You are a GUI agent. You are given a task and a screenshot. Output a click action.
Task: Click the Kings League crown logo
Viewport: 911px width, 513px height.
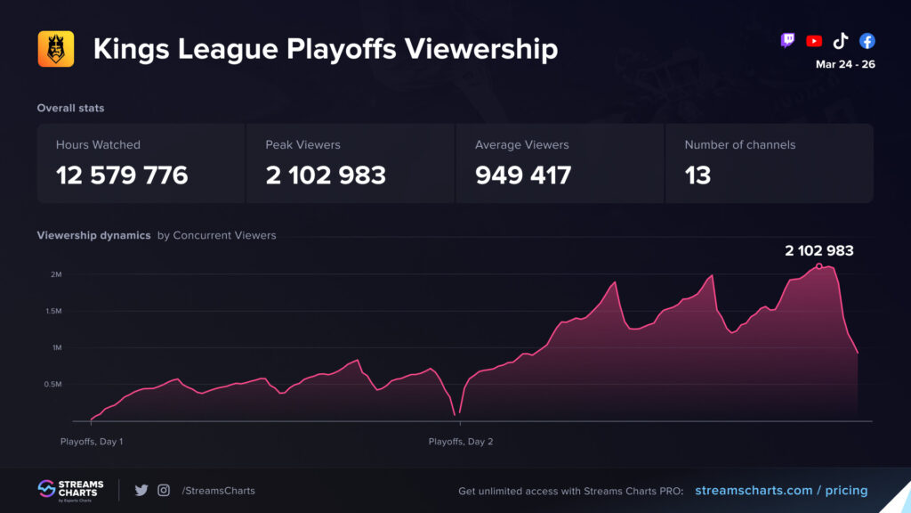55,49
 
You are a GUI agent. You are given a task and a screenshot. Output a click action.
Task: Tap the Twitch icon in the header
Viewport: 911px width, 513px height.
787,41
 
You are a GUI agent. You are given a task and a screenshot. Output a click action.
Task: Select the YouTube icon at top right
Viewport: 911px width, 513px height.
813,41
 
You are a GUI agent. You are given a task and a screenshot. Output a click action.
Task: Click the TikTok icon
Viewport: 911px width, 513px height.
840,41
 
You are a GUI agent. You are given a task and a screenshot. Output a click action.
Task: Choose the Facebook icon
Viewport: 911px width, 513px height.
867,41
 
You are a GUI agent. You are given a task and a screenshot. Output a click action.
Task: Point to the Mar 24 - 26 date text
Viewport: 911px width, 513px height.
844,64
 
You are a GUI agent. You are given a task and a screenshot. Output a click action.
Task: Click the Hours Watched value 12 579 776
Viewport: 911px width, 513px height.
122,175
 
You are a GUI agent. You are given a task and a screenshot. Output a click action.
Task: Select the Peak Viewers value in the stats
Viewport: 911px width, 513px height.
326,175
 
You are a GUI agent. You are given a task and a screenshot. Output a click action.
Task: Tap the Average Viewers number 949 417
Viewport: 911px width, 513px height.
523,175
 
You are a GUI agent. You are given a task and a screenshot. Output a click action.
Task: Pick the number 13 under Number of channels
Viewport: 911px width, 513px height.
697,175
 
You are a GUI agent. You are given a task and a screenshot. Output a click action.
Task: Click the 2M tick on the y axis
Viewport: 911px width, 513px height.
55,274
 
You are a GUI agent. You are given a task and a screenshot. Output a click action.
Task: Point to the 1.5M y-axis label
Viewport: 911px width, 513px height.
52,311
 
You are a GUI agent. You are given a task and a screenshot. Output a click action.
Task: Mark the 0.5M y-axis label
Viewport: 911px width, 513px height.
52,384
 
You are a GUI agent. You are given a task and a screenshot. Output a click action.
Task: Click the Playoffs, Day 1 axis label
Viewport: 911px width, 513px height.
92,442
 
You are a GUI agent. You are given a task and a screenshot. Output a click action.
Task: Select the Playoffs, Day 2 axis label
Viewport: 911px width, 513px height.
460,442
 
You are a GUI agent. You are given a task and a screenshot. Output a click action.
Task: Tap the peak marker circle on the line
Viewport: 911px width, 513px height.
818,265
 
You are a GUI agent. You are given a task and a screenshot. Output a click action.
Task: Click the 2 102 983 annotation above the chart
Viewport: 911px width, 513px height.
818,250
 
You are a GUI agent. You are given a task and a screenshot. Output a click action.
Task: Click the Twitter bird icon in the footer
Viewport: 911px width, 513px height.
141,490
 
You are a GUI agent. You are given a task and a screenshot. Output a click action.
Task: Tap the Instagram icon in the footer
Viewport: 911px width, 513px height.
164,490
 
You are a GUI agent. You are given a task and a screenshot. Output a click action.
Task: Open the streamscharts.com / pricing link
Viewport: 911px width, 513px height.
780,490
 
